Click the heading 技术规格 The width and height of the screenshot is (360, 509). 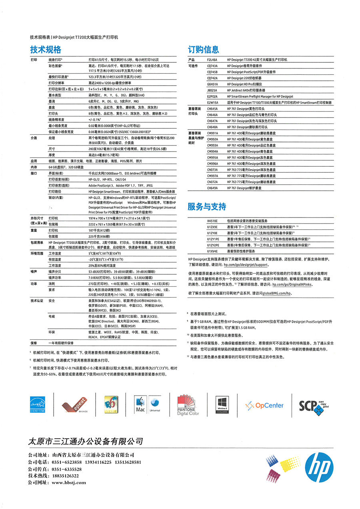pos(46,50)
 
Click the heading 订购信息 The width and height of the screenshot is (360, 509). pos(203,50)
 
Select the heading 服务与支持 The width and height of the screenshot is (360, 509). pos(207,207)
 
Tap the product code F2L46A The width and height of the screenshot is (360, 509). pos(212,60)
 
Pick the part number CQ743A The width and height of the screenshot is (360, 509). pos(212,66)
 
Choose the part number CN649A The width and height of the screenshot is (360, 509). pos(212,188)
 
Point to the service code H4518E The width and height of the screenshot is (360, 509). pos(212,220)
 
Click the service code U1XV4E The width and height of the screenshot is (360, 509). pos(212,251)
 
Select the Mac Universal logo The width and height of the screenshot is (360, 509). pos(147,405)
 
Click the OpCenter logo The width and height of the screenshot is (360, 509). pos(264,405)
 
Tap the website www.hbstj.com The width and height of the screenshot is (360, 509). pos(69,483)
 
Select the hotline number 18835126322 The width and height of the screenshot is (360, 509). pos(65,476)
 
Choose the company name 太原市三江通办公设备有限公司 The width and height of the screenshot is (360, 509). pos(86,441)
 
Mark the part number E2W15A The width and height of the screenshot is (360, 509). pos(212,102)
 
